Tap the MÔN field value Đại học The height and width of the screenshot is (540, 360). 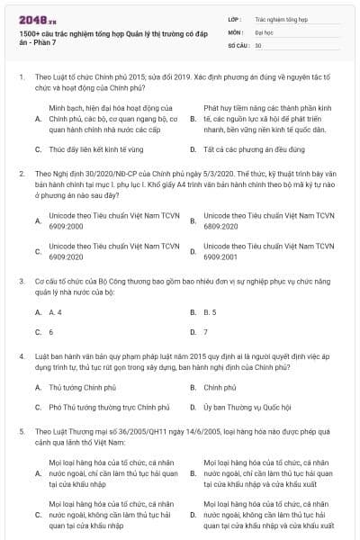point(265,31)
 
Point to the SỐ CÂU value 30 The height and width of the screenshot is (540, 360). point(258,44)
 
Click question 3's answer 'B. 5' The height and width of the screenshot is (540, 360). point(210,311)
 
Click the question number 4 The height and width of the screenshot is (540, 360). point(21,355)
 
